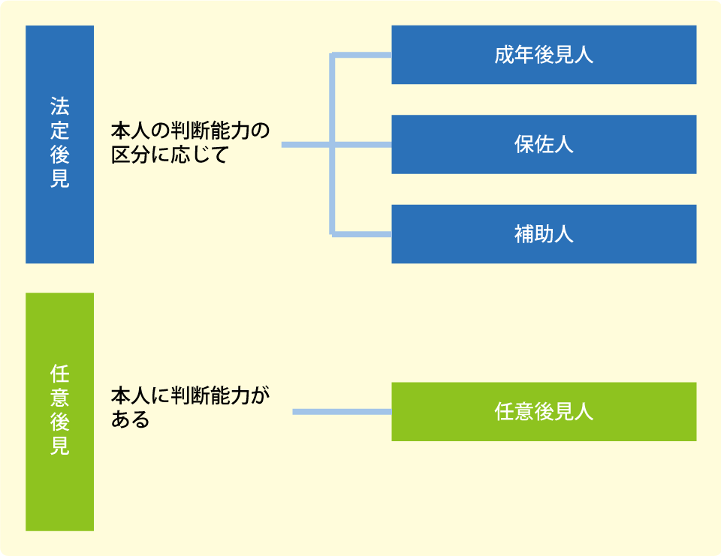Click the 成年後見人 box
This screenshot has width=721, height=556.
(x=544, y=55)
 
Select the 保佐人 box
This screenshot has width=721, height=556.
(x=544, y=144)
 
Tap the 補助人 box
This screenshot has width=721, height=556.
(x=544, y=234)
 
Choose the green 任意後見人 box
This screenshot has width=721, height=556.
(x=544, y=412)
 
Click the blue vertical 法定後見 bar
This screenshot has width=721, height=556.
(x=60, y=144)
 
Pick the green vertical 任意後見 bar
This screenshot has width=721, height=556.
(x=60, y=412)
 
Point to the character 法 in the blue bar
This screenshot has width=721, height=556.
(x=60, y=107)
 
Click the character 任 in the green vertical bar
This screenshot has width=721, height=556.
(x=60, y=374)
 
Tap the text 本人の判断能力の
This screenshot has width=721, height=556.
(x=190, y=131)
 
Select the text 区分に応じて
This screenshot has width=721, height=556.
(x=170, y=155)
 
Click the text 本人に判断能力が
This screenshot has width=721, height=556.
(x=190, y=395)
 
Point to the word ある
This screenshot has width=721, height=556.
(x=131, y=419)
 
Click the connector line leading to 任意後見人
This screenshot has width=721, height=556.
(x=342, y=412)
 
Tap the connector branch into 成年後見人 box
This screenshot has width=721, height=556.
(x=362, y=55)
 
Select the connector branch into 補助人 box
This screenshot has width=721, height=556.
(x=362, y=234)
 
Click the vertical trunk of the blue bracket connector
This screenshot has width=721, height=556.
(x=331, y=145)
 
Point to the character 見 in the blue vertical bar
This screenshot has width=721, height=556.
(x=60, y=179)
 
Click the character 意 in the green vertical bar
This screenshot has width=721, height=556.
(x=60, y=398)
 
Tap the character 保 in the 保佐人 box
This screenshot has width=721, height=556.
(x=524, y=144)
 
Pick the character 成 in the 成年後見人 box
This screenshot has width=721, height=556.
(x=505, y=55)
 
